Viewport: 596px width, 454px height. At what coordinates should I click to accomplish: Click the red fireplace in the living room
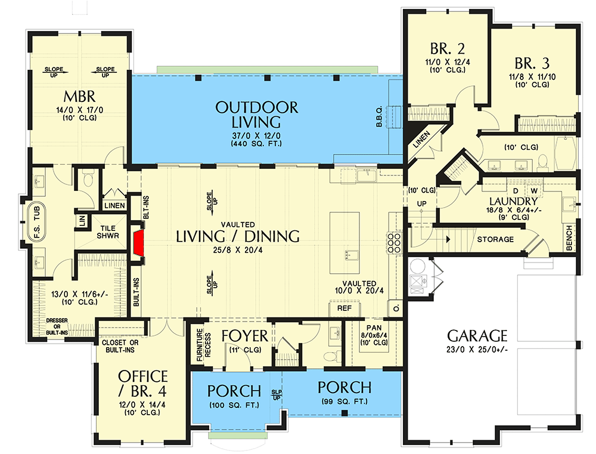tap(138, 242)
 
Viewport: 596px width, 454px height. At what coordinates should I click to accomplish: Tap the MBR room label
tap(79, 97)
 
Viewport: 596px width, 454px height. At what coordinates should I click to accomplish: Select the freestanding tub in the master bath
tap(36, 223)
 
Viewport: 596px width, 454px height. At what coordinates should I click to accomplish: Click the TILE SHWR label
tap(107, 231)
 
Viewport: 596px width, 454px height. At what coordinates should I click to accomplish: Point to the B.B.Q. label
tap(379, 116)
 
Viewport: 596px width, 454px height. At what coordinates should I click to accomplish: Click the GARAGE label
tap(477, 336)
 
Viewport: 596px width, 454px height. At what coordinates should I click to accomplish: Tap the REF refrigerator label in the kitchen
tap(344, 308)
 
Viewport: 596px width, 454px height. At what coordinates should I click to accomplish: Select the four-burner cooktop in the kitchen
tap(394, 243)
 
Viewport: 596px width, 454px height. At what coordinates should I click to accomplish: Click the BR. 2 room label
tap(448, 49)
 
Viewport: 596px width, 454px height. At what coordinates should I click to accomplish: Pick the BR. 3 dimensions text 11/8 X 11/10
tap(532, 77)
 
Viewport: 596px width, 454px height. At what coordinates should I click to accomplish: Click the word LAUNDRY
tap(513, 201)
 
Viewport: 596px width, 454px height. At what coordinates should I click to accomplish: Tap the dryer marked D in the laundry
tap(516, 191)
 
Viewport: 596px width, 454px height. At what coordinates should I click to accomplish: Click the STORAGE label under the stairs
tap(495, 239)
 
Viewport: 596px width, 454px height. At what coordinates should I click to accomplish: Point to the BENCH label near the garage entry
tap(569, 238)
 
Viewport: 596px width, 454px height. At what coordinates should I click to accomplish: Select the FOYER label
tap(245, 336)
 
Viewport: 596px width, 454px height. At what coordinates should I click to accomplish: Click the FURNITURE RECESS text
tap(203, 345)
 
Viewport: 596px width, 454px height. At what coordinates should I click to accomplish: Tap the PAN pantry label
tap(374, 328)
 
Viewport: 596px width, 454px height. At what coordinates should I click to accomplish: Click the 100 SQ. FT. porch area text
tap(234, 405)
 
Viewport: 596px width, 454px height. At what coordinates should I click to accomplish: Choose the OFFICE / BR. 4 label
tap(142, 384)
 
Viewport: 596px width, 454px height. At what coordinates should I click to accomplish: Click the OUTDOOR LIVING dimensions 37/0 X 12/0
tap(256, 136)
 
